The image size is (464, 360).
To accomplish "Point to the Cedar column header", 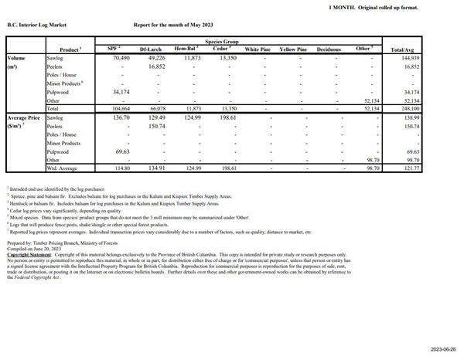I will click(x=221, y=49).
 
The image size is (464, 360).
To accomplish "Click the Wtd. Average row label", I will click(x=64, y=168).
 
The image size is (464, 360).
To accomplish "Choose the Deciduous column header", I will click(x=329, y=49).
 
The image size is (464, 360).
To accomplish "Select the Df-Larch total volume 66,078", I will click(x=157, y=109).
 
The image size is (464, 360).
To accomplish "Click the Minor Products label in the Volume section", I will click(x=65, y=83).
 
